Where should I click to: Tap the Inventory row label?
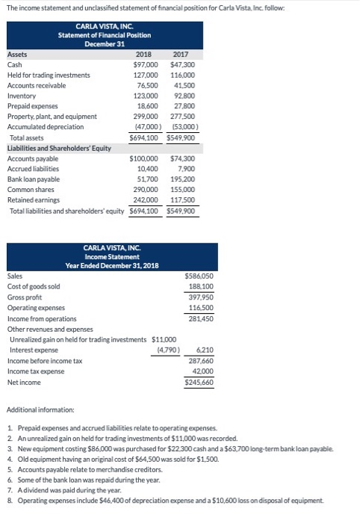coord(21,96)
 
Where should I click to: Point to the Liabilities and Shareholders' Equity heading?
coord(59,148)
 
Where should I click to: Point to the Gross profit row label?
coord(25,297)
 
